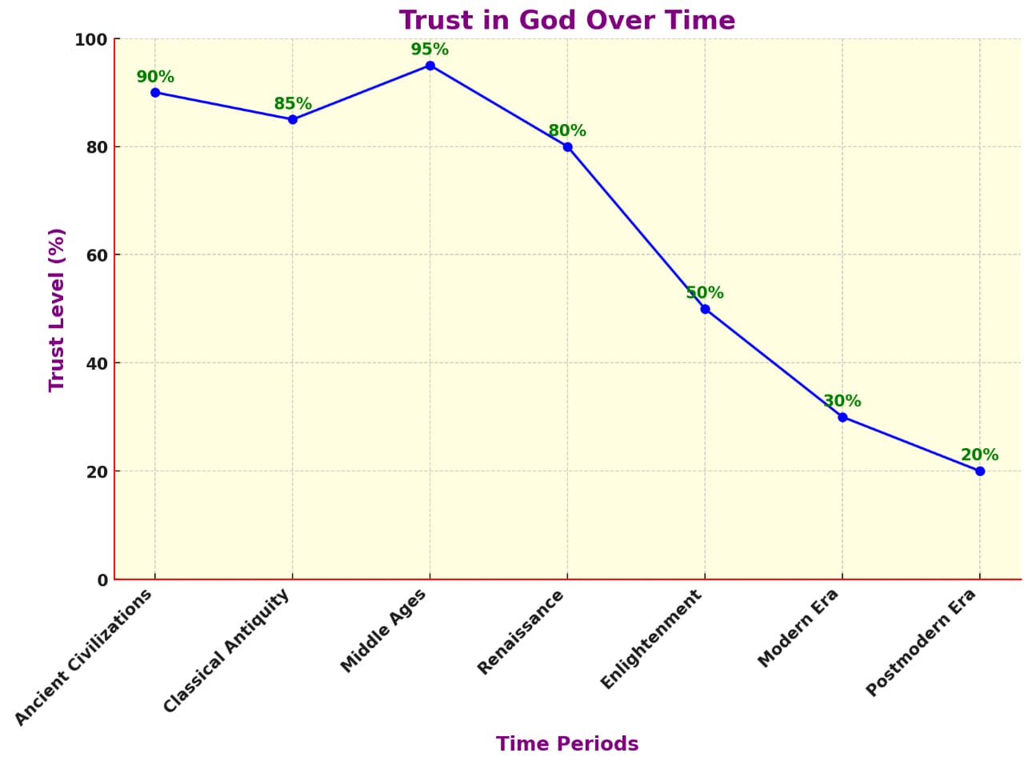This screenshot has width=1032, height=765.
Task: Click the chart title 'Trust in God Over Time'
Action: (566, 20)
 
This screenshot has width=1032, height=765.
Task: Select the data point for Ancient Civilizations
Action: (155, 93)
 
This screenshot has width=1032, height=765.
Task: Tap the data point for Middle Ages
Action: (430, 66)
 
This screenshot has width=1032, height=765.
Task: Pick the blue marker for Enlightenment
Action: (705, 309)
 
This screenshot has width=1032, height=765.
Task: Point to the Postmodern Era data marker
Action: (980, 471)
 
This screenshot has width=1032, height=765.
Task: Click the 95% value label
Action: (430, 50)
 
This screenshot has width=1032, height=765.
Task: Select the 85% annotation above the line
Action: (293, 104)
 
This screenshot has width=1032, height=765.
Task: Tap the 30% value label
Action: (842, 401)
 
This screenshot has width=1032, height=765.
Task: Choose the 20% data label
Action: (980, 455)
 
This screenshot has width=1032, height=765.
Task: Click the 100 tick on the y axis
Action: (90, 39)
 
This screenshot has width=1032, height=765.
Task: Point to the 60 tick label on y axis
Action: (97, 255)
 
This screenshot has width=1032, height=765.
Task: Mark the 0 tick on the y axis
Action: (102, 580)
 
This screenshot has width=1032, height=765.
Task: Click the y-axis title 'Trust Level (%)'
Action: (56, 310)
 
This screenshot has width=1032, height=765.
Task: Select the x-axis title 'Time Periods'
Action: (567, 744)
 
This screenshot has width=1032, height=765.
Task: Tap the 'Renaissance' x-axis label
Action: (521, 632)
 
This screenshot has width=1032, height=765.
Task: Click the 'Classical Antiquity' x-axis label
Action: (226, 651)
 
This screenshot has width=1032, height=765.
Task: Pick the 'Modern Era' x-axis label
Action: (798, 628)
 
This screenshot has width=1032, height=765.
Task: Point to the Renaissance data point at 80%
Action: (567, 147)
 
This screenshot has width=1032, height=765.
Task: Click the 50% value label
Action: (705, 293)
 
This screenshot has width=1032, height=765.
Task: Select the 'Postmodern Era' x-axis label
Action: (921, 643)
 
